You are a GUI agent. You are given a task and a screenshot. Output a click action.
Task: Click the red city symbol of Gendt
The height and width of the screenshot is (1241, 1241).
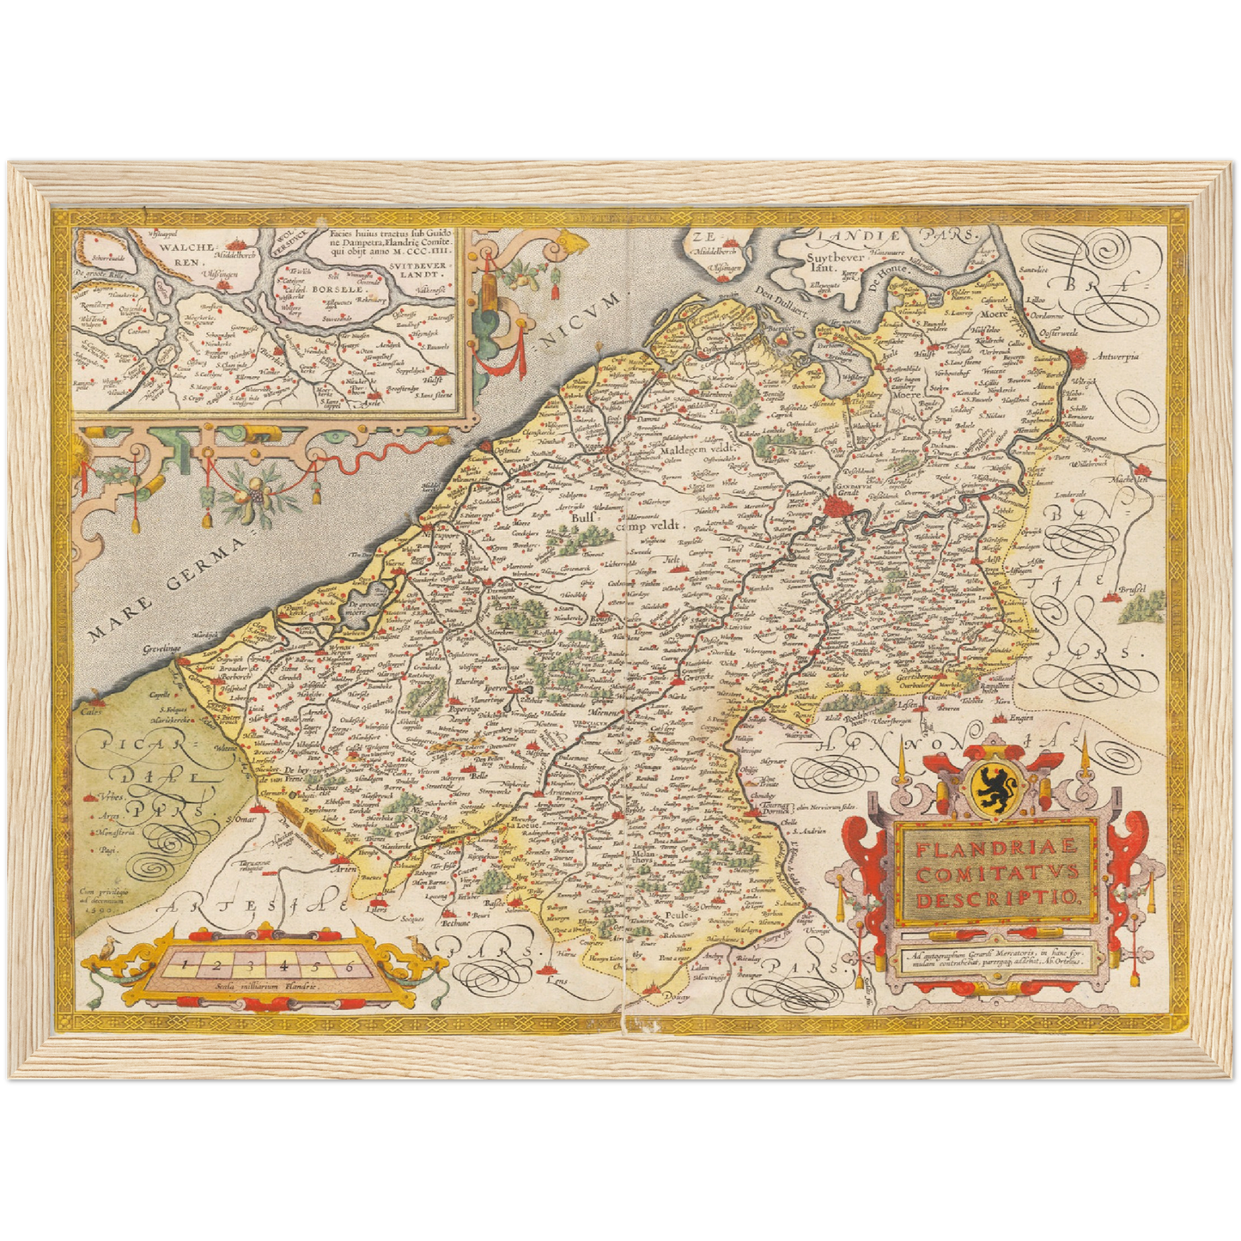(x=834, y=509)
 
